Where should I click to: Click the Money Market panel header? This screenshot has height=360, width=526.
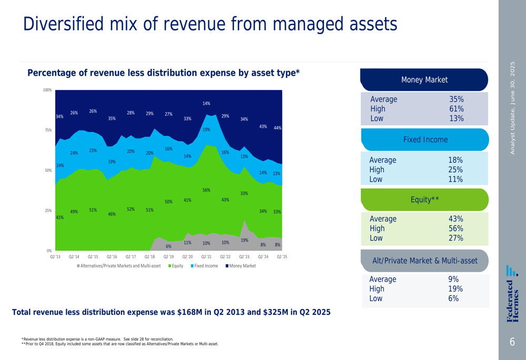[x=424, y=80]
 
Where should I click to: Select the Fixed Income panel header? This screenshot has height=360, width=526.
[x=425, y=140]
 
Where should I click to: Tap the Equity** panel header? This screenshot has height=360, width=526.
[x=424, y=200]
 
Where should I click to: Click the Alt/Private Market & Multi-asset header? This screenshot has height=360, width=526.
[x=424, y=261]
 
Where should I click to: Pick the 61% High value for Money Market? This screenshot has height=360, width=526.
[x=456, y=109]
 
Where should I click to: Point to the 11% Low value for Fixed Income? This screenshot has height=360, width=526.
[x=456, y=179]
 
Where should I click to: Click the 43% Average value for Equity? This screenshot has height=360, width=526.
[x=456, y=219]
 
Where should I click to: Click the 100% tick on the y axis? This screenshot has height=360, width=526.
[x=47, y=90]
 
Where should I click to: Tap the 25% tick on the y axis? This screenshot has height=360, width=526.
[x=48, y=211]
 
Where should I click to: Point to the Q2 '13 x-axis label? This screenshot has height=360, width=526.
[x=55, y=257]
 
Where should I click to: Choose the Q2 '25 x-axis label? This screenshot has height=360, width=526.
[x=282, y=257]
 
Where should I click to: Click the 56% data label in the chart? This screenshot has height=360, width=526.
[x=206, y=190]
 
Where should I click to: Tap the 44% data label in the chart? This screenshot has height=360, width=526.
[x=278, y=128]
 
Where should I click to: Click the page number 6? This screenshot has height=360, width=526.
[x=512, y=342]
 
